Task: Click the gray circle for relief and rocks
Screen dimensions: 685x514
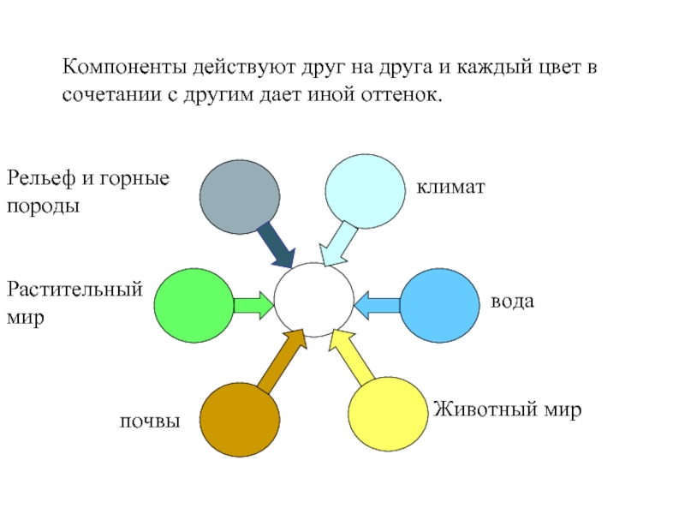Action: (240, 197)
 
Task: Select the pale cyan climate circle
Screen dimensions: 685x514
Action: (366, 191)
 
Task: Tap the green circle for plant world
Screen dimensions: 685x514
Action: (194, 306)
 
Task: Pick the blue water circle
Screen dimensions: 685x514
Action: (440, 306)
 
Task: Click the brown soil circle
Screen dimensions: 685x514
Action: (240, 420)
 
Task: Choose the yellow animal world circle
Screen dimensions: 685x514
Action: (388, 414)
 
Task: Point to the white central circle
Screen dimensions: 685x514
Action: (313, 300)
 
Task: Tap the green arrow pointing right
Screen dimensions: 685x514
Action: (253, 305)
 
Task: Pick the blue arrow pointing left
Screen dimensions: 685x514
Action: (377, 305)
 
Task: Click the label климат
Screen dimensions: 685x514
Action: (451, 187)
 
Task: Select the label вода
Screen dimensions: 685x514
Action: (512, 302)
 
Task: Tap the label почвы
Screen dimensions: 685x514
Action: (150, 421)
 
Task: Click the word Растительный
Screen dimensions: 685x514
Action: (74, 290)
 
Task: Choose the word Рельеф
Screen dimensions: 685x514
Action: (40, 178)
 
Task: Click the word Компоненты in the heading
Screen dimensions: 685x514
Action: (124, 68)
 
